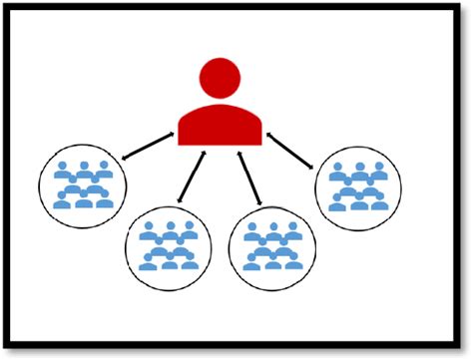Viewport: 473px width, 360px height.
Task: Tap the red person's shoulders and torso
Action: (220, 125)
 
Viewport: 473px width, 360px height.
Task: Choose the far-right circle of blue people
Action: (358, 186)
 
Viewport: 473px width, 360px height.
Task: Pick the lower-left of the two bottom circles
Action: (169, 246)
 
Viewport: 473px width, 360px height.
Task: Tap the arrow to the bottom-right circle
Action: (249, 178)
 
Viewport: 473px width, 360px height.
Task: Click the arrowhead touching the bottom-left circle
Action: (181, 201)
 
